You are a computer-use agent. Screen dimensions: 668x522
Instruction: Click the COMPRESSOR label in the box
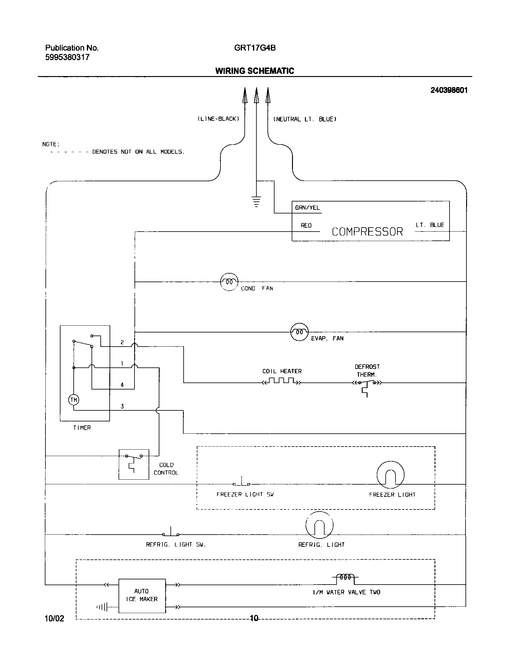[367, 232]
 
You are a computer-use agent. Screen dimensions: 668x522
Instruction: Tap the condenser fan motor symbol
[229, 282]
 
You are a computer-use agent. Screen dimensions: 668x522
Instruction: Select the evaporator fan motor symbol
[299, 332]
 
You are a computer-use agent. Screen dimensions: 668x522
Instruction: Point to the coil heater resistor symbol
[282, 381]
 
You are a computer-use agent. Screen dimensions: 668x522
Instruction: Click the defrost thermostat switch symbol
[367, 383]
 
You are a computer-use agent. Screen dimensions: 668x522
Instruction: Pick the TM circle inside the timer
[74, 400]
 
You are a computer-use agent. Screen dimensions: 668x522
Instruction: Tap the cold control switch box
[134, 464]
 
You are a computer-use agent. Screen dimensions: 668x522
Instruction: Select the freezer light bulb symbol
[390, 475]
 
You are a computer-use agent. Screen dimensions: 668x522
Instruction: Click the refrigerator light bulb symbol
[319, 525]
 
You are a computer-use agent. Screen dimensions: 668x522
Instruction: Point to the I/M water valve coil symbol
[345, 578]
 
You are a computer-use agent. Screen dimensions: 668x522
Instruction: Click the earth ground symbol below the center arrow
[256, 202]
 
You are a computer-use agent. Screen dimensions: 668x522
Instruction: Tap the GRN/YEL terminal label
[307, 208]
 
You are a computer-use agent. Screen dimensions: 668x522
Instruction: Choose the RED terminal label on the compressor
[306, 226]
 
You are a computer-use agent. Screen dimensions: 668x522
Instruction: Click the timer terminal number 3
[122, 406]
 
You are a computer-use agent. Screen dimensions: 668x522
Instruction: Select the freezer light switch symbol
[241, 483]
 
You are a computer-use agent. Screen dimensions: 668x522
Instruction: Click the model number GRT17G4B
[255, 48]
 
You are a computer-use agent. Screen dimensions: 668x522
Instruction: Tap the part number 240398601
[449, 90]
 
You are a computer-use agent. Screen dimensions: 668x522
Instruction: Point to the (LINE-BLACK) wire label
[218, 119]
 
